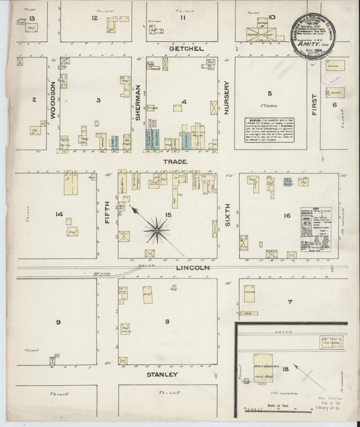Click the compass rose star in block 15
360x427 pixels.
point(157,230)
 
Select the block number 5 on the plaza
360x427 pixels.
point(269,93)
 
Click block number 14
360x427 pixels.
point(59,215)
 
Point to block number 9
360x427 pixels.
point(59,321)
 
